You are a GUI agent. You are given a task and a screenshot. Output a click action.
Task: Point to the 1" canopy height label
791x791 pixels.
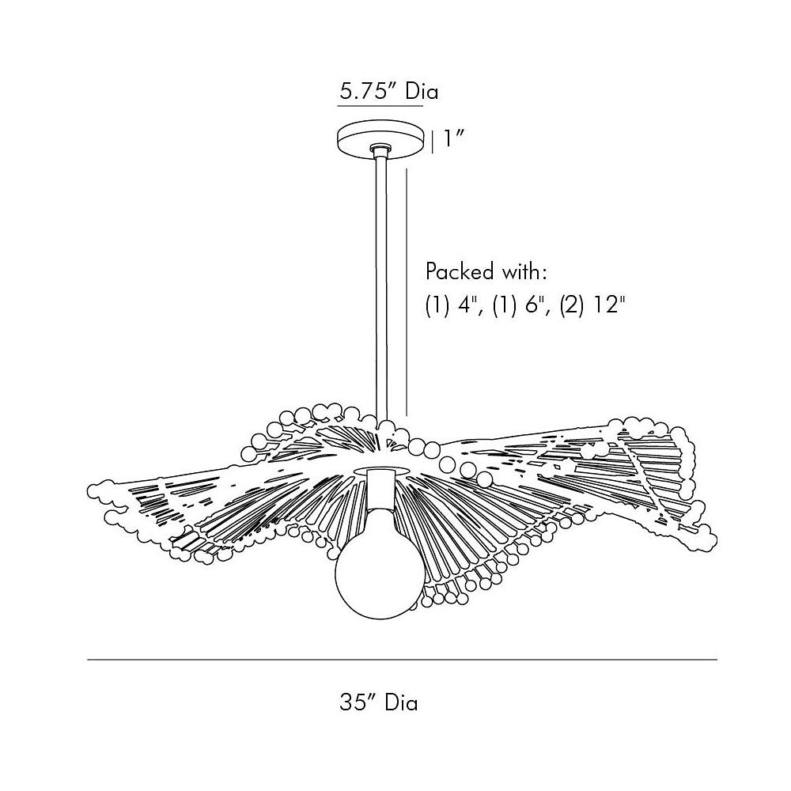(453, 138)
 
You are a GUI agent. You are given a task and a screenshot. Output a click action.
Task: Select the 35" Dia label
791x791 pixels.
(378, 702)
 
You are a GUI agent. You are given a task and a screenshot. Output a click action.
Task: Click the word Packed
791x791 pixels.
(459, 271)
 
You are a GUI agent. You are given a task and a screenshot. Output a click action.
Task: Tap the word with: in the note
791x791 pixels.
(524, 271)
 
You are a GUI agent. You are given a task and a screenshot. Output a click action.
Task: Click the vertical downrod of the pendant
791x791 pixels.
(381, 288)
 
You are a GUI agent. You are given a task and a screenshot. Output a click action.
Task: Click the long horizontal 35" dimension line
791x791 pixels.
(402, 660)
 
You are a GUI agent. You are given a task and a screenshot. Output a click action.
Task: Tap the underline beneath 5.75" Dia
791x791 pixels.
(380, 107)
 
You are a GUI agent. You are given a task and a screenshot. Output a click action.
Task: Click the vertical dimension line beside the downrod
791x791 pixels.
(406, 292)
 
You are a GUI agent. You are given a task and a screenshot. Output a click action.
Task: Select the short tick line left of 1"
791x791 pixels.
(433, 142)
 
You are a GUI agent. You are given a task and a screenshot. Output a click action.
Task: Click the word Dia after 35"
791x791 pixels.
(401, 702)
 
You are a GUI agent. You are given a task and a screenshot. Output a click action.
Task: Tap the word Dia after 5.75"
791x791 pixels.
(422, 92)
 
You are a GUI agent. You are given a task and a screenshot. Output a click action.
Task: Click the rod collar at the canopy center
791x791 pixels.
(380, 149)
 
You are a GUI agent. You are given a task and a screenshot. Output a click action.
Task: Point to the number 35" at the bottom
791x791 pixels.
(358, 702)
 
